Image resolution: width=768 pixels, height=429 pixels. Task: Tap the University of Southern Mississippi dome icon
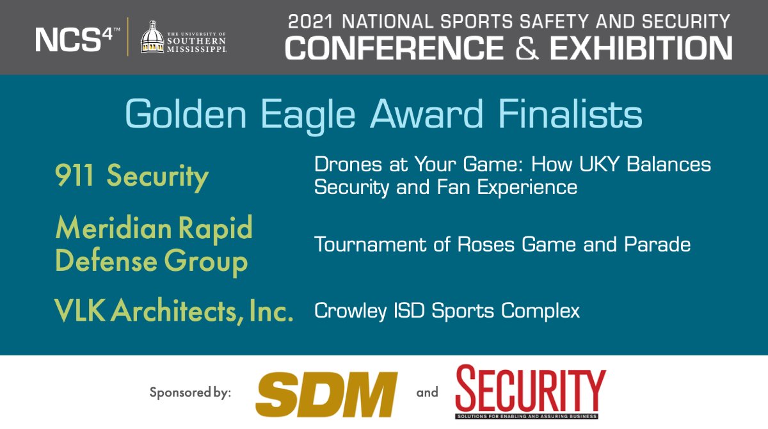[152, 38]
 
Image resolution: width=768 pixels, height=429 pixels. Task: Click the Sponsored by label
[190, 392]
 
